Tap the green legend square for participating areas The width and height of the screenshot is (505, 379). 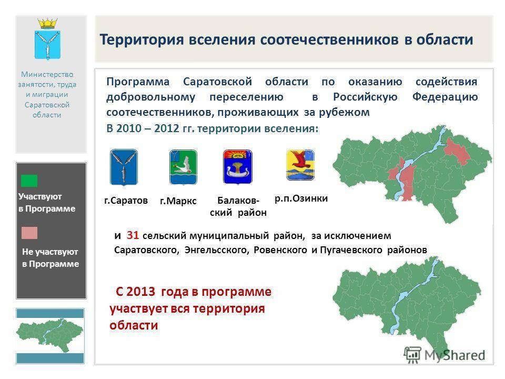[x=29, y=181]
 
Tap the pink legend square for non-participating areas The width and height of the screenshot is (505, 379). [x=29, y=233]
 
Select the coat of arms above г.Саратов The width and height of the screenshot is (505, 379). [x=124, y=167]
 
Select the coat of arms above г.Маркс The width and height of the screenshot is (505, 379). [x=183, y=167]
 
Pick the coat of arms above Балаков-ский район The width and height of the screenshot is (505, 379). [x=238, y=166]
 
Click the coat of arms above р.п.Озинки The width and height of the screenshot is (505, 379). [x=300, y=165]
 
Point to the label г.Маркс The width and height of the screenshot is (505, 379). [x=178, y=201]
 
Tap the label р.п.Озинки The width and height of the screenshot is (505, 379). [x=301, y=198]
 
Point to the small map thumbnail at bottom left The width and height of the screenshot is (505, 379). [x=50, y=335]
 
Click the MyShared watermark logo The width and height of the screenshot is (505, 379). [x=445, y=354]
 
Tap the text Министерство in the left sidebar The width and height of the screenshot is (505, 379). [x=51, y=75]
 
